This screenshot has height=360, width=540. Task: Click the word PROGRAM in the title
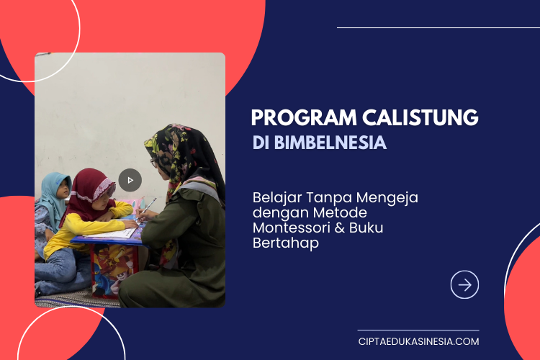pos(304,117)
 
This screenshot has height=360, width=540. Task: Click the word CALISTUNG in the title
pos(420,117)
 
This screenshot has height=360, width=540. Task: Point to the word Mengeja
pos(387,199)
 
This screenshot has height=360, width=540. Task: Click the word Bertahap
pos(286,243)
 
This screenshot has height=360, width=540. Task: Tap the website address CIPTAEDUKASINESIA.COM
pos(418,341)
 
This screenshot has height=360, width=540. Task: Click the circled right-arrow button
pos(464,285)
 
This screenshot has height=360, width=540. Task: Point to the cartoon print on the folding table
pos(111,269)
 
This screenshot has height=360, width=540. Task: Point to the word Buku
pos(366,228)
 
